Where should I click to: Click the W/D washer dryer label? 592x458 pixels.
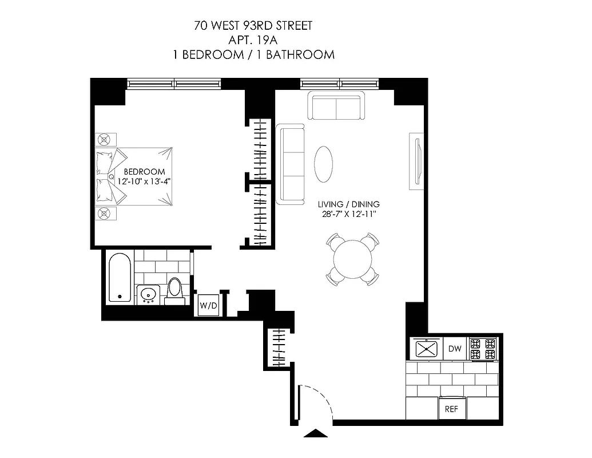(208, 306)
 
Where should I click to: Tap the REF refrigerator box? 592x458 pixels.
(452, 409)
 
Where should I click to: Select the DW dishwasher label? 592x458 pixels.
(454, 349)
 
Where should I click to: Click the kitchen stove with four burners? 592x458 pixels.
(482, 349)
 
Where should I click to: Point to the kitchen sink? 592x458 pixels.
(426, 349)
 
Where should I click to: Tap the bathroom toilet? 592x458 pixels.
(174, 290)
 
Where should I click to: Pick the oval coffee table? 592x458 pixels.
(324, 164)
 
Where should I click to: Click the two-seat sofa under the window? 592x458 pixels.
(336, 106)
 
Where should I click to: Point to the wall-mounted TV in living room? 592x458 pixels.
(416, 162)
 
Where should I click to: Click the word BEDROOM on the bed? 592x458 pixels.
(144, 171)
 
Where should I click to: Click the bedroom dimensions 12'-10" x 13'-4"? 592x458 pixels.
(144, 181)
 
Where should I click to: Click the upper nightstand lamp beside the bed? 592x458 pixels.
(105, 139)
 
